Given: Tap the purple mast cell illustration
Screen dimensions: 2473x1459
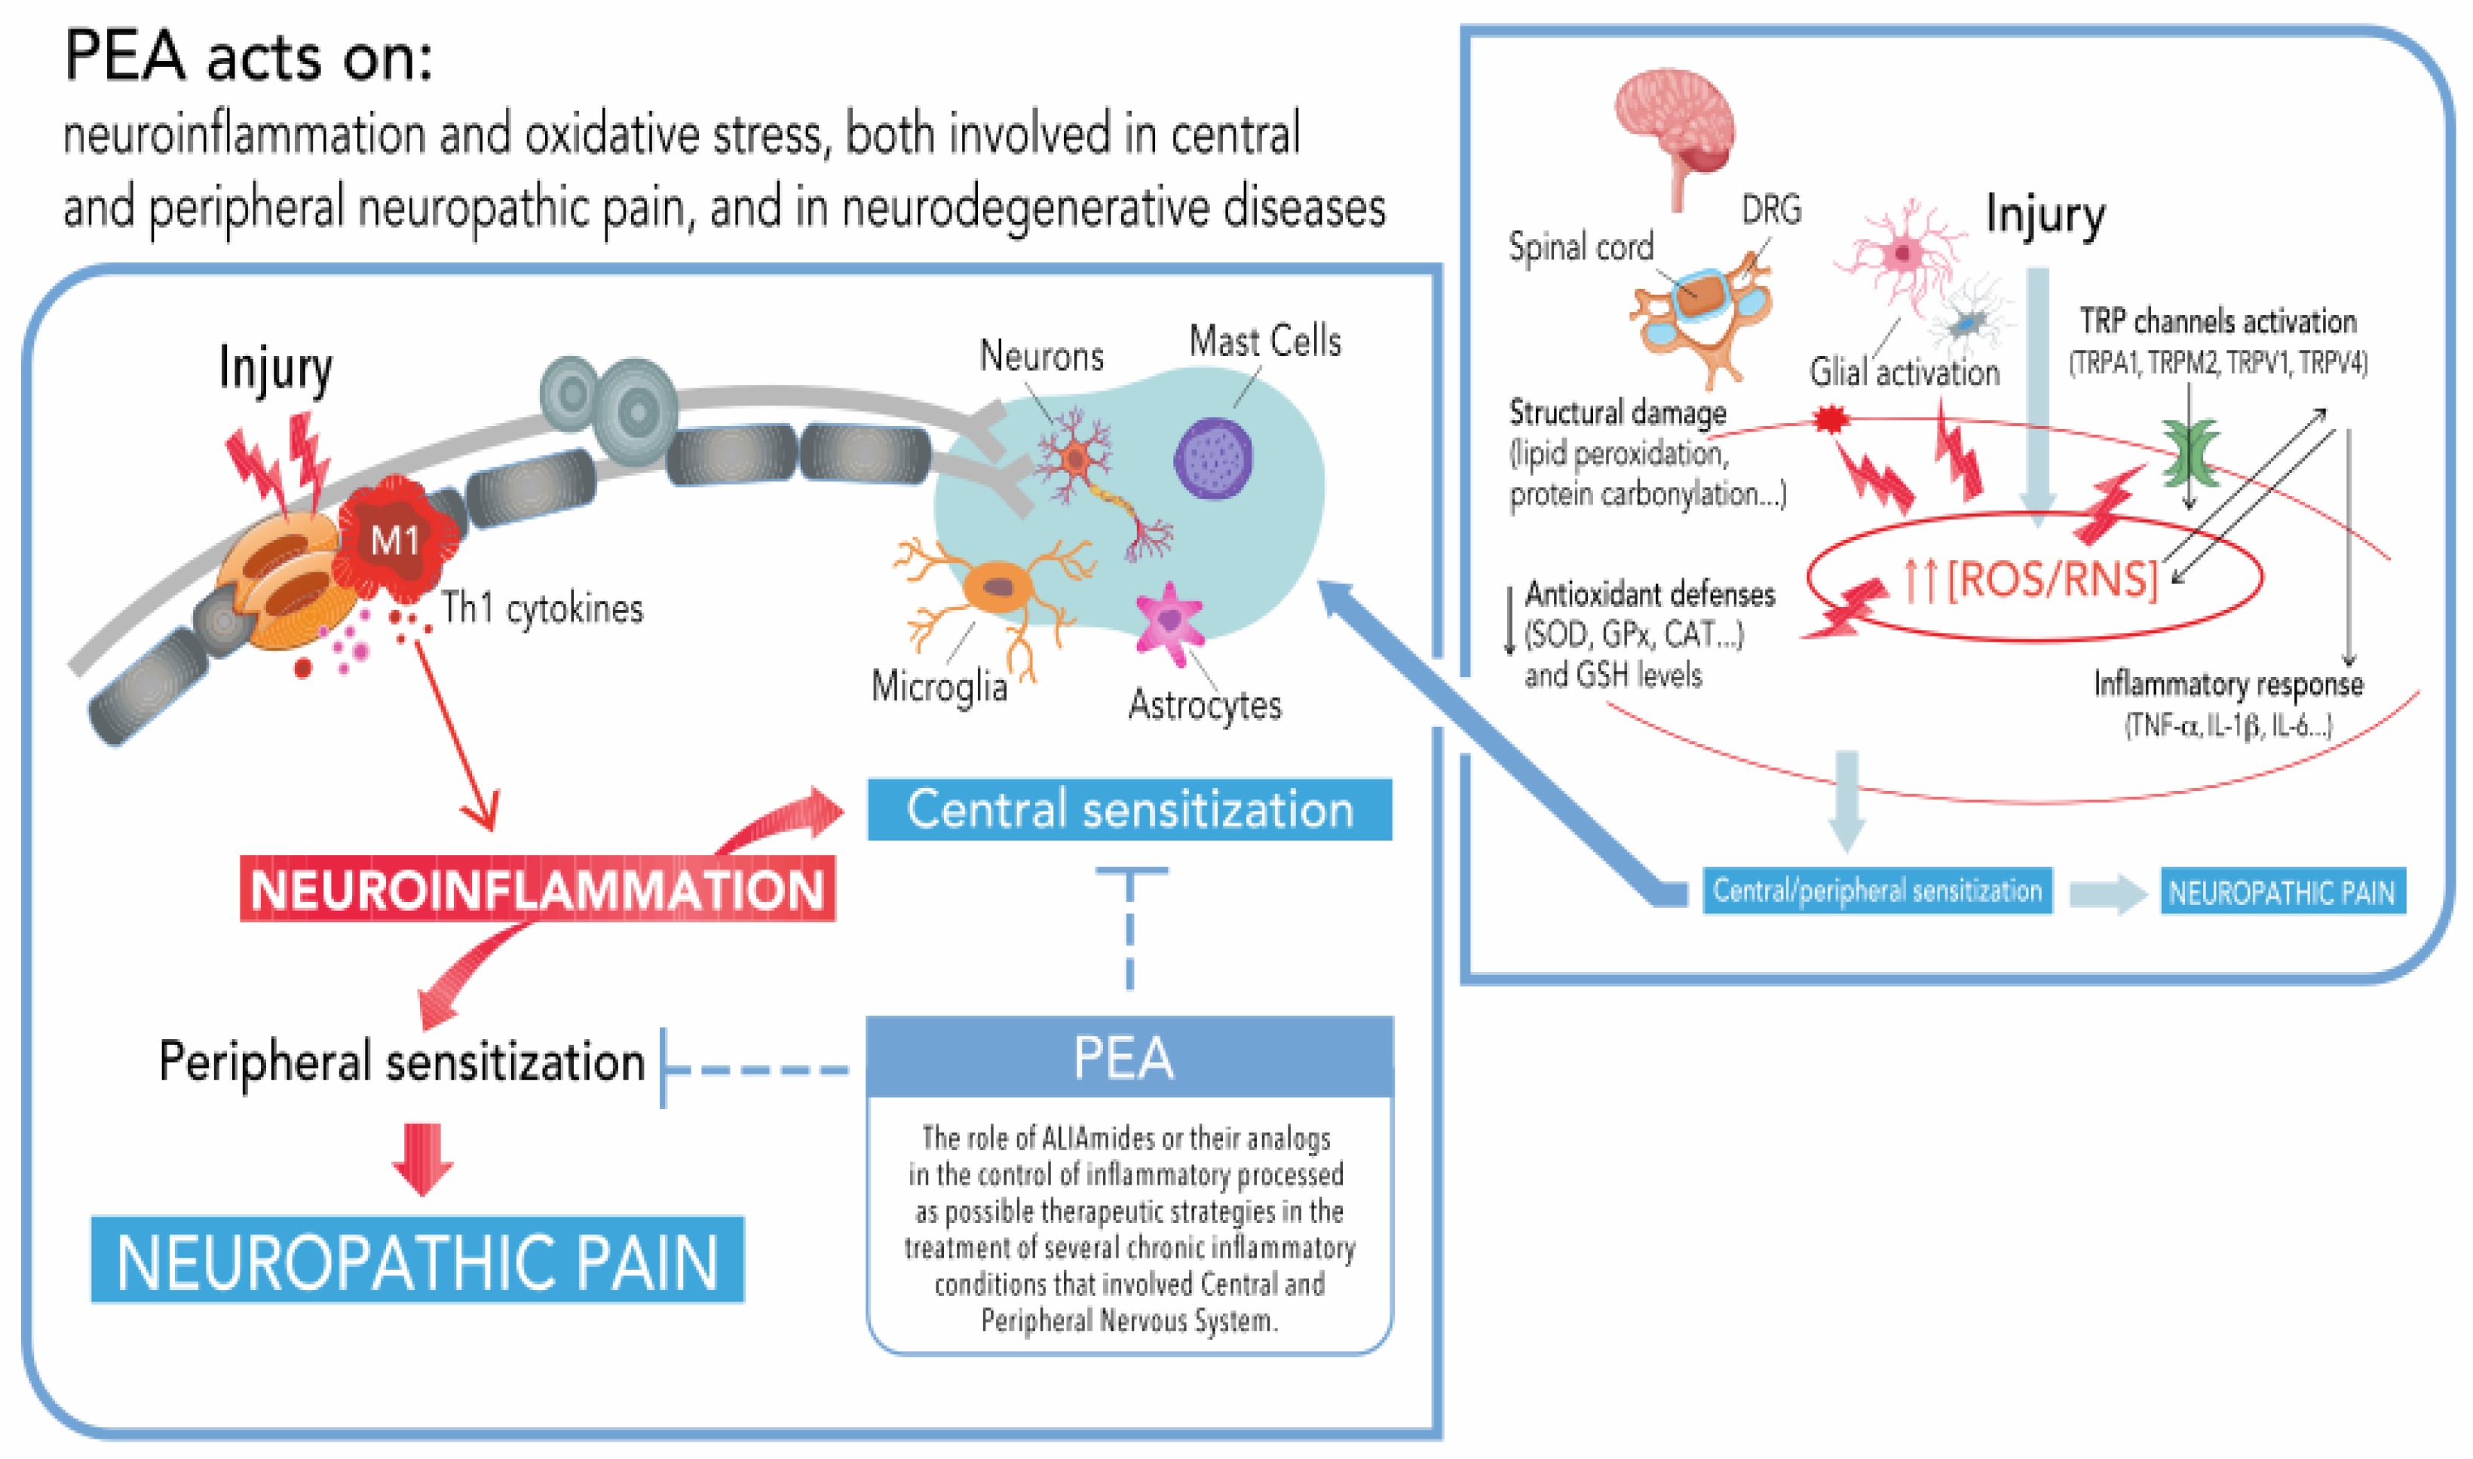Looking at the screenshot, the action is pos(1214,458).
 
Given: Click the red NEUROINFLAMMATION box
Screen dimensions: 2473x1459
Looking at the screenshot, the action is pos(538,890).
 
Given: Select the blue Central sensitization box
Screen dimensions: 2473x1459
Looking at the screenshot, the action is pos(1129,810).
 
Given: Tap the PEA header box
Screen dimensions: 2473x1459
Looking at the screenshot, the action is pos(1129,1058).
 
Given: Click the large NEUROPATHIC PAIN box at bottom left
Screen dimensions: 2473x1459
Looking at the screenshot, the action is pos(418,1261).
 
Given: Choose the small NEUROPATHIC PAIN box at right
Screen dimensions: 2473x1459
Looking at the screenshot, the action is pos(2282,892).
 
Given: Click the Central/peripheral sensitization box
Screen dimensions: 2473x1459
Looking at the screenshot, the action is pos(1877,890).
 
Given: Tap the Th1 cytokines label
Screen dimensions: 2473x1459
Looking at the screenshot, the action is pos(541,608).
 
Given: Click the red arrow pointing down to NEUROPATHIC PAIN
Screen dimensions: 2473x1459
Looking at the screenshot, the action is pos(423,1158).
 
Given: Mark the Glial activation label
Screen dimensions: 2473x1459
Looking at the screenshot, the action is pos(1905,372).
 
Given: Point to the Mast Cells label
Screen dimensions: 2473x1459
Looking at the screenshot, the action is pos(1265,341).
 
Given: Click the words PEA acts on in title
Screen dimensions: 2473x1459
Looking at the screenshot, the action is pos(248,57).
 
